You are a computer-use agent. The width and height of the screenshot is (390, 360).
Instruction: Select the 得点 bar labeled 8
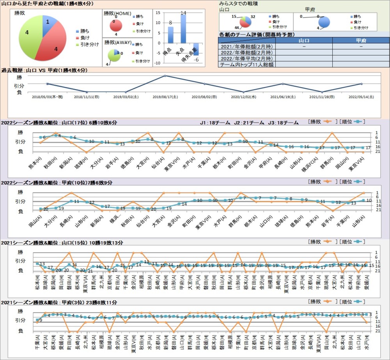pos(170,35)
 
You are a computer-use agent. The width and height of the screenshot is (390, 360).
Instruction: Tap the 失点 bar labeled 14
pos(183,29)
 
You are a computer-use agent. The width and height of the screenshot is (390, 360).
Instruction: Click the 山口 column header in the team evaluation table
pos(304,41)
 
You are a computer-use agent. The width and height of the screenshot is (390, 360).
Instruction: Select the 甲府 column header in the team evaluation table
pos(361,41)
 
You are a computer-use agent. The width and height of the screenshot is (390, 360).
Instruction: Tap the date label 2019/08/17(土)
pos(164,96)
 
